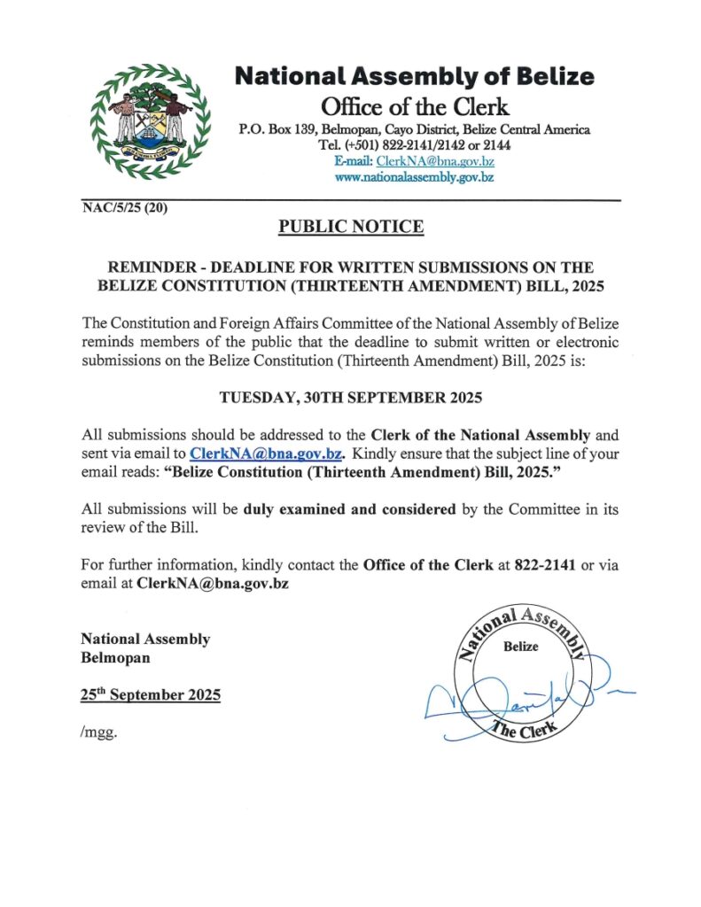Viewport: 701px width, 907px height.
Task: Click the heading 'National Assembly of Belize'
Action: tap(414, 76)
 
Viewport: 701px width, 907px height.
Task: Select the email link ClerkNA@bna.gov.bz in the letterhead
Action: tap(435, 160)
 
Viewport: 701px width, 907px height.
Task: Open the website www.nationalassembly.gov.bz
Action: tap(414, 176)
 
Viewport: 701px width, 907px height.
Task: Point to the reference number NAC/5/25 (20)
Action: tap(123, 209)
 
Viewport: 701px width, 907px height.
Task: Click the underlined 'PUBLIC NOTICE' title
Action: tap(351, 227)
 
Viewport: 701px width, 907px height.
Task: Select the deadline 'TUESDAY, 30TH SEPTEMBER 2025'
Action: tap(351, 398)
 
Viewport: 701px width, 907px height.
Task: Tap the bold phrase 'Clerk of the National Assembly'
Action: tap(480, 434)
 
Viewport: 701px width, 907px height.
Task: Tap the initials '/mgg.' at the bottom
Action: tap(98, 733)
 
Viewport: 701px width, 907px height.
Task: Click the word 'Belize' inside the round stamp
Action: tap(520, 647)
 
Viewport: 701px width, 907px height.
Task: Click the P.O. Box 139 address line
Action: tap(415, 130)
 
